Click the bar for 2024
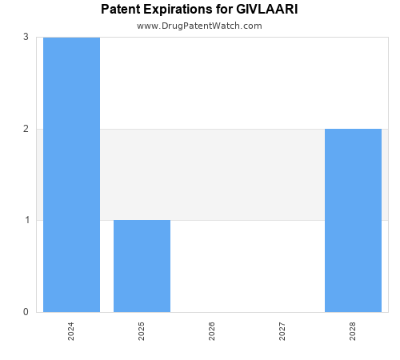71,174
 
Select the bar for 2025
142,266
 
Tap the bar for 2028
353,220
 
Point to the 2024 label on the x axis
71,331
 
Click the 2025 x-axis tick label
142,331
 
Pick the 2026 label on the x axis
212,331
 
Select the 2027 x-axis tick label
282,331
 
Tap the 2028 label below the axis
353,331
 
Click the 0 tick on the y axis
26,312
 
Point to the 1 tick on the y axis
26,220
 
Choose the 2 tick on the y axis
26,129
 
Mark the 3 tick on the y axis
26,37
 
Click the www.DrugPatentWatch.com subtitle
199,26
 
